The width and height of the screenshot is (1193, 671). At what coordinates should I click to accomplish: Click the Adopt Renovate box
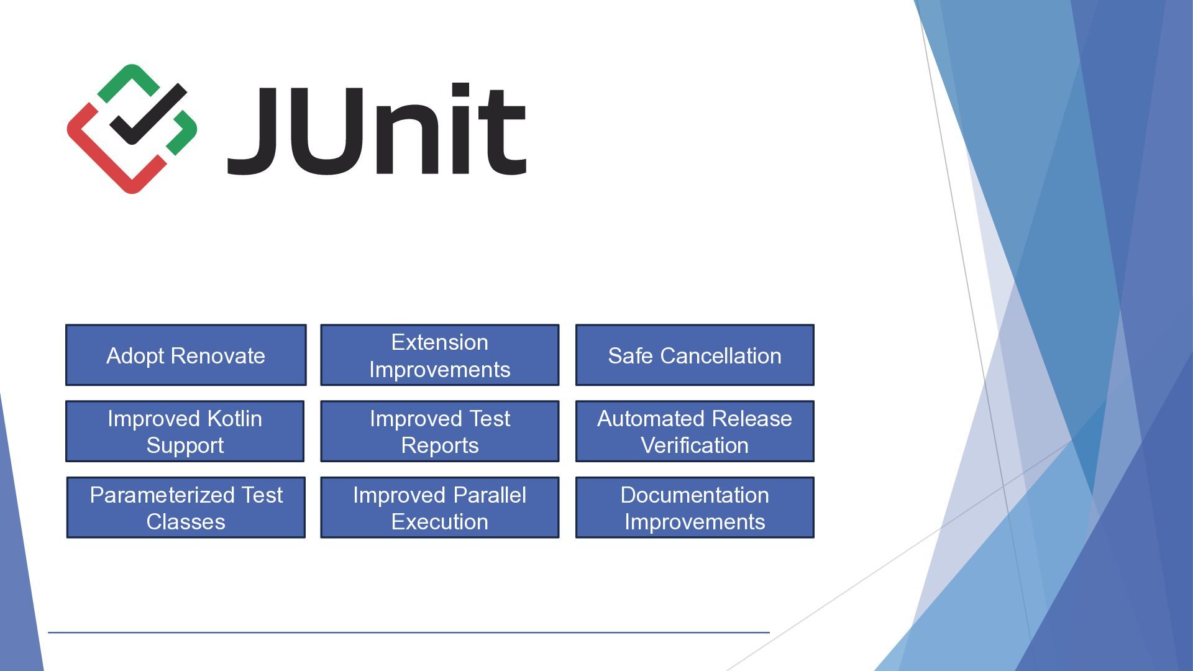point(186,355)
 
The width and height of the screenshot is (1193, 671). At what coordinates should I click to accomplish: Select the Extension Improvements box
point(440,355)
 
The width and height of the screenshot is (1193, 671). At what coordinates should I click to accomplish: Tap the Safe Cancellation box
point(695,355)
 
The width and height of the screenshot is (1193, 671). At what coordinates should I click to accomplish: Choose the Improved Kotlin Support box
point(185,431)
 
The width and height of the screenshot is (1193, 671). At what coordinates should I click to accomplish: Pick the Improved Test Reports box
point(440,431)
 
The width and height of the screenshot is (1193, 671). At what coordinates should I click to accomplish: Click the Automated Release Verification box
point(695,431)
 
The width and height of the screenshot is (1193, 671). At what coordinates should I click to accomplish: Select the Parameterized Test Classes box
point(186,508)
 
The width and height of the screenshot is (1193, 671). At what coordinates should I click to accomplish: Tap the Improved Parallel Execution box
point(440,508)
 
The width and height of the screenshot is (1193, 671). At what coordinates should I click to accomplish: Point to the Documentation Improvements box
point(695,508)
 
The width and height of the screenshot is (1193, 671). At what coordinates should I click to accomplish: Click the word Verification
point(695,445)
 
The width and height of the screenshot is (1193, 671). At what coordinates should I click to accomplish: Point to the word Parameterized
point(163,495)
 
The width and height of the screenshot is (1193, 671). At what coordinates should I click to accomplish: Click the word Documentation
point(695,495)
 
